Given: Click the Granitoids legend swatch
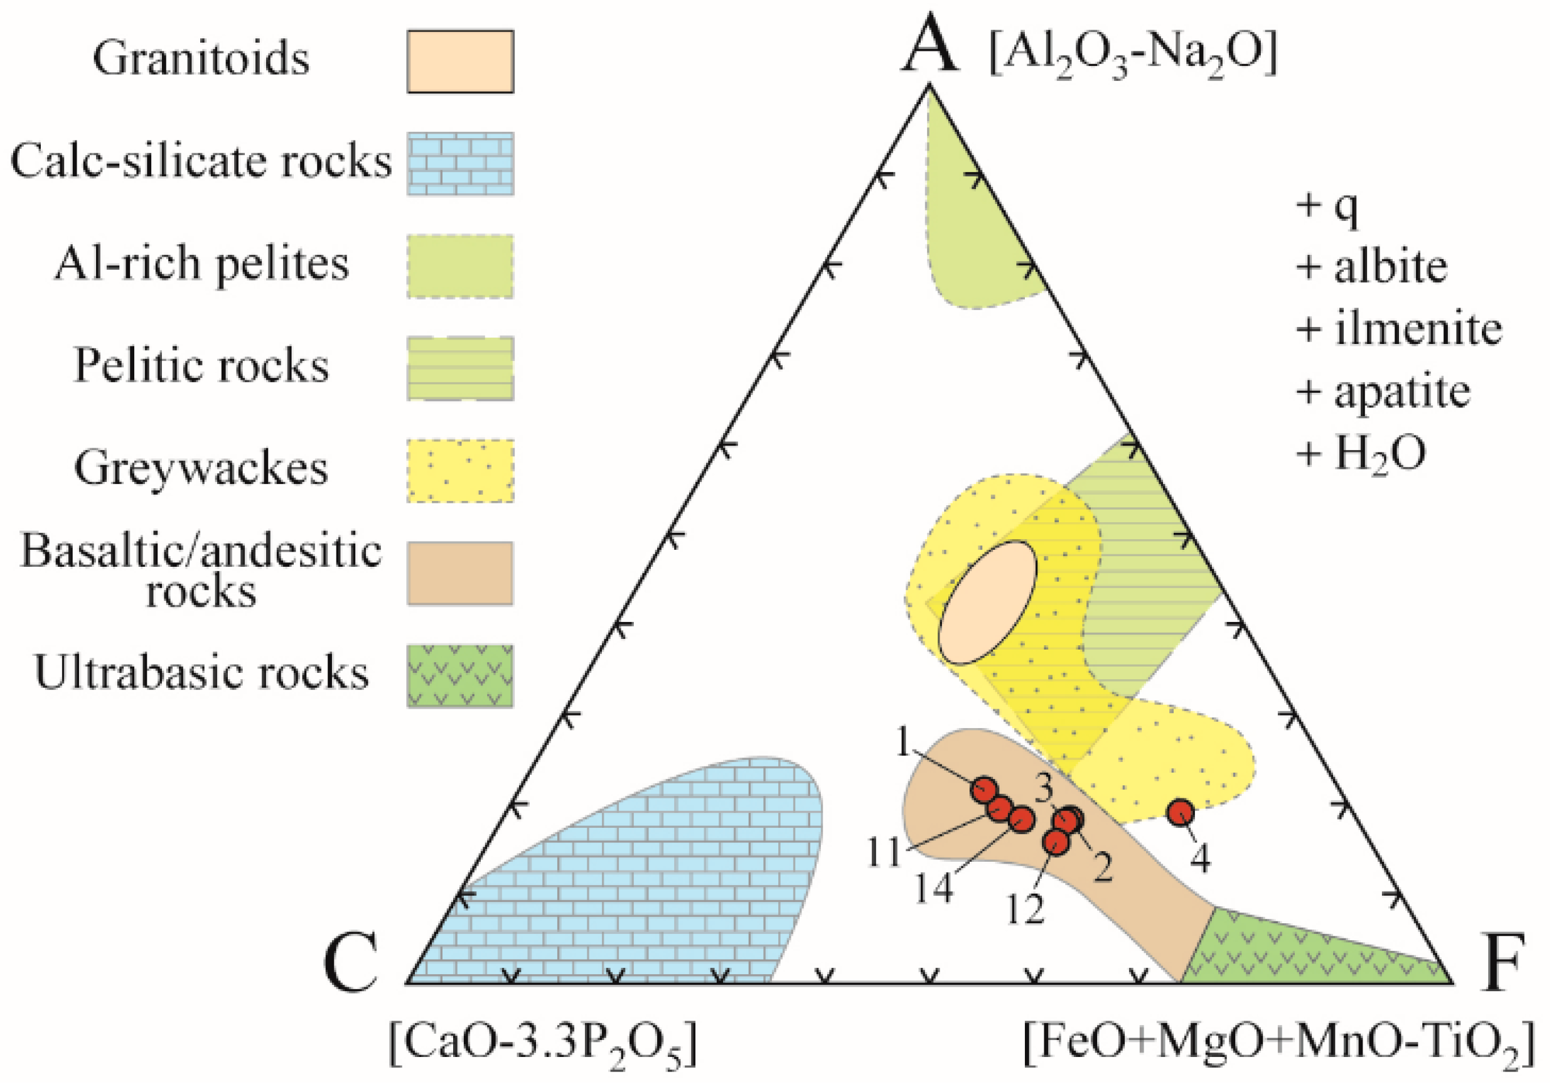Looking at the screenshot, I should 459,61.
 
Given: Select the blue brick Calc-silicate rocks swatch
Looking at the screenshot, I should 459,163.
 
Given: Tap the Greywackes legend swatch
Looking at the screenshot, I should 459,470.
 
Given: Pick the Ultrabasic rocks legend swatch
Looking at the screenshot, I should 459,675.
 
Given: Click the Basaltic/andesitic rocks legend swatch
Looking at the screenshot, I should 459,572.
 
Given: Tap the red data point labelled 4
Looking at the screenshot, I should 1181,812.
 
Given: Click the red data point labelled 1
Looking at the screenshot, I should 985,789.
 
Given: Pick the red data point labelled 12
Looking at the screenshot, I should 1056,841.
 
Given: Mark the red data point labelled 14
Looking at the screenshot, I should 1021,819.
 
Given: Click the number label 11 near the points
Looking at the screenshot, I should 884,853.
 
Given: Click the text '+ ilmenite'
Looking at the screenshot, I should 1398,330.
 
